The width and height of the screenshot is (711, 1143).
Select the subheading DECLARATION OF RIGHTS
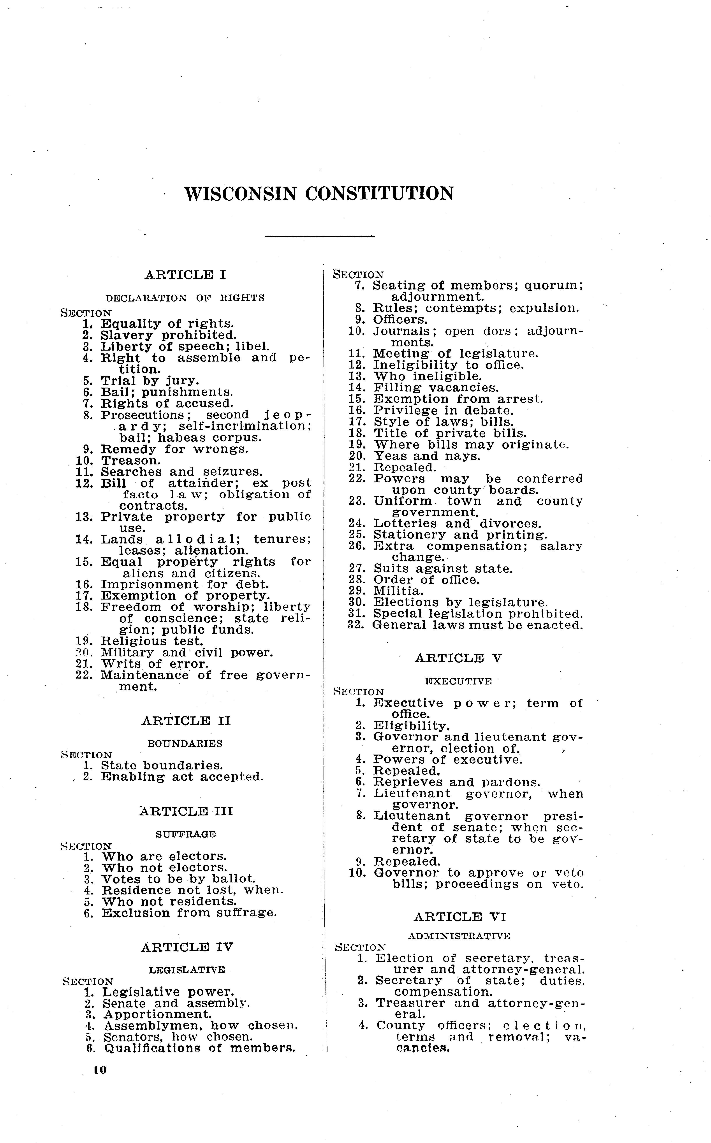point(185,298)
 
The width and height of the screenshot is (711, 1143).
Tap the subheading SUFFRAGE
point(186,834)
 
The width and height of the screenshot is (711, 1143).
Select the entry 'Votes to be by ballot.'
point(179,879)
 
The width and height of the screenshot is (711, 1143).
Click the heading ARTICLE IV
point(187,947)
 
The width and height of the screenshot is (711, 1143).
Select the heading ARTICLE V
point(458,658)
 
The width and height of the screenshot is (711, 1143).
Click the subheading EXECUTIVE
point(458,681)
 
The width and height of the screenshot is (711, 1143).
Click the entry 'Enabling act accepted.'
point(182,777)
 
